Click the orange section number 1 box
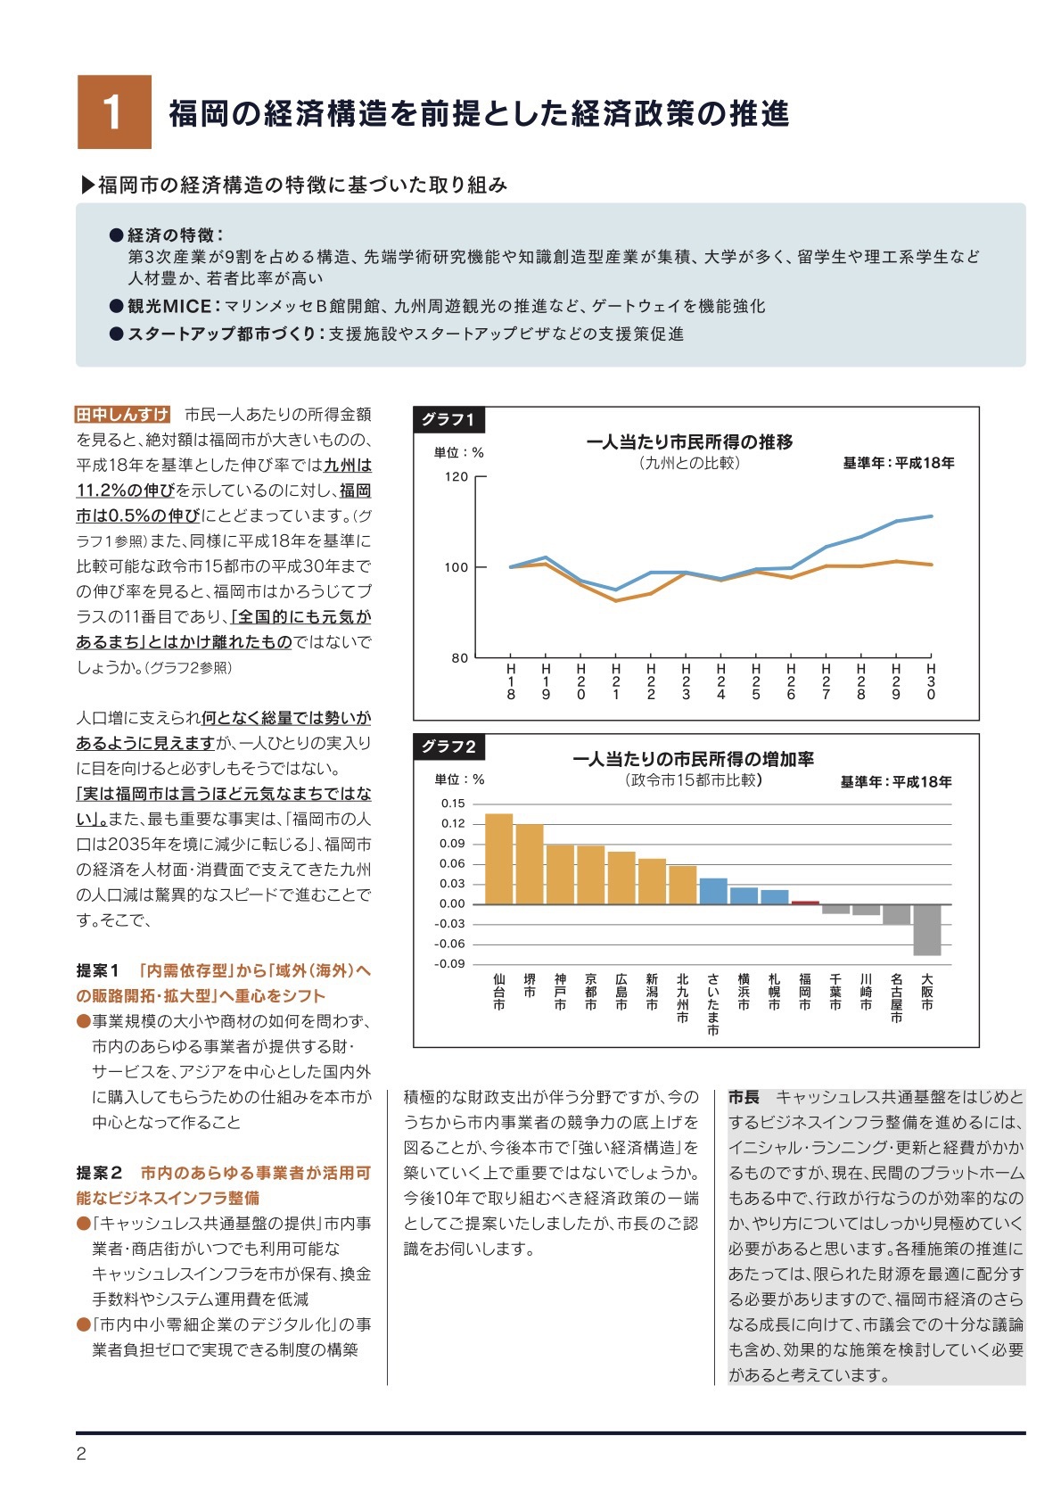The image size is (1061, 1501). [x=114, y=112]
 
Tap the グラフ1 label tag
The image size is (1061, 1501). [x=448, y=419]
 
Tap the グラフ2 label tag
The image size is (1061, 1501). [x=448, y=746]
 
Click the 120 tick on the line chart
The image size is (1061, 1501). [x=456, y=477]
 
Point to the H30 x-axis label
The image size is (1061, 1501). [x=931, y=681]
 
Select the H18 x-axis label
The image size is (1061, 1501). [x=511, y=681]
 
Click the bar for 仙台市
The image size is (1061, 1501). [x=499, y=859]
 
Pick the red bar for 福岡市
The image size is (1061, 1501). [x=805, y=903]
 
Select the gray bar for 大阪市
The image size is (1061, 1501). [x=927, y=929]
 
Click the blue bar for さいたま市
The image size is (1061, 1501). [x=713, y=891]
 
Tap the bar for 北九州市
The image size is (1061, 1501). [x=683, y=885]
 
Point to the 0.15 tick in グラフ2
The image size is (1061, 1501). [x=453, y=804]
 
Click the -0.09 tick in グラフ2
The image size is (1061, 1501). [x=450, y=964]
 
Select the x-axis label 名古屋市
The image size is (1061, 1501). [x=896, y=998]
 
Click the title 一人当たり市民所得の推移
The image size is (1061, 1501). [x=689, y=442]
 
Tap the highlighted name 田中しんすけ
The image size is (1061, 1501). [x=122, y=415]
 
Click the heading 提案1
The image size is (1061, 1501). [x=98, y=970]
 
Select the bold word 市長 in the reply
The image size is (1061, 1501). [x=744, y=1097]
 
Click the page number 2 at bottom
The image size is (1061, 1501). [x=81, y=1455]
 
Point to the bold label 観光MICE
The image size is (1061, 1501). [x=169, y=306]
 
